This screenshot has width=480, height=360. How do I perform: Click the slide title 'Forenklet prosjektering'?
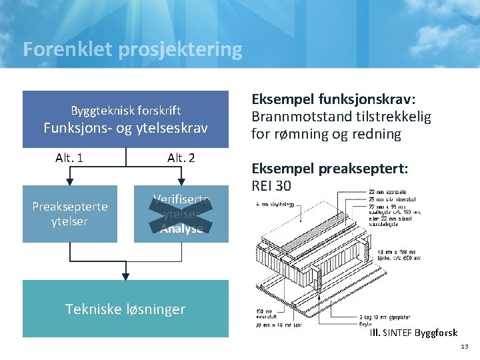[x=132, y=49]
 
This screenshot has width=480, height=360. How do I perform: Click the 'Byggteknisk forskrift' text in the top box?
[x=126, y=111]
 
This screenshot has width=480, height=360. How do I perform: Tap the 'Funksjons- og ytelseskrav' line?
[x=126, y=127]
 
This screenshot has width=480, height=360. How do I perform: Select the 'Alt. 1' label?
[x=69, y=158]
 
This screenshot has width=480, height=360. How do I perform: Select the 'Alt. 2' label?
[x=181, y=158]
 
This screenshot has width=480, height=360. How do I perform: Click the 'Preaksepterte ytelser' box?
[x=70, y=214]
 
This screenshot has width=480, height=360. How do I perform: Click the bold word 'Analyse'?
[x=181, y=229]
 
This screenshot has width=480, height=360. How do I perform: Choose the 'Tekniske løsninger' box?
[x=125, y=309]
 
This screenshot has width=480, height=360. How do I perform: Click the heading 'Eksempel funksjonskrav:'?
[x=333, y=99]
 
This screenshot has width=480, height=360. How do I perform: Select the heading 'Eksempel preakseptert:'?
[x=329, y=169]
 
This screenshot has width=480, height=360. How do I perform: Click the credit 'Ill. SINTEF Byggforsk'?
[x=413, y=333]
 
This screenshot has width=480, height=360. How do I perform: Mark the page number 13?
[x=465, y=347]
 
